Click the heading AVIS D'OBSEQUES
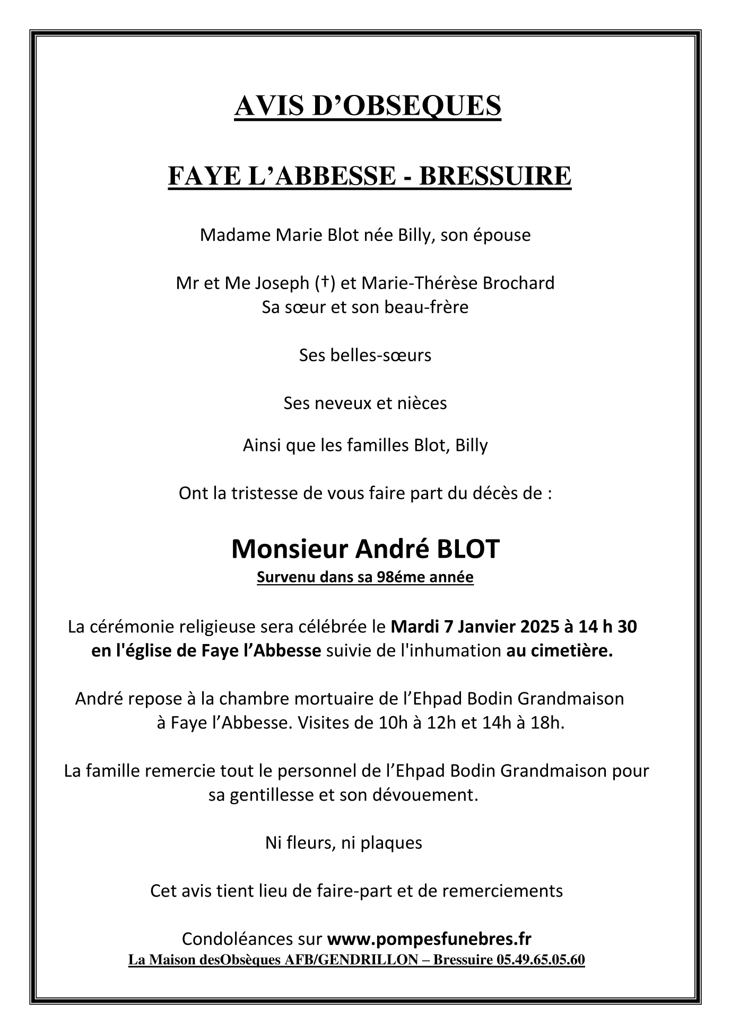(x=367, y=105)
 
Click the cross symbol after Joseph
(x=324, y=283)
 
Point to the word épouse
(x=499, y=234)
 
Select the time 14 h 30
(x=608, y=627)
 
